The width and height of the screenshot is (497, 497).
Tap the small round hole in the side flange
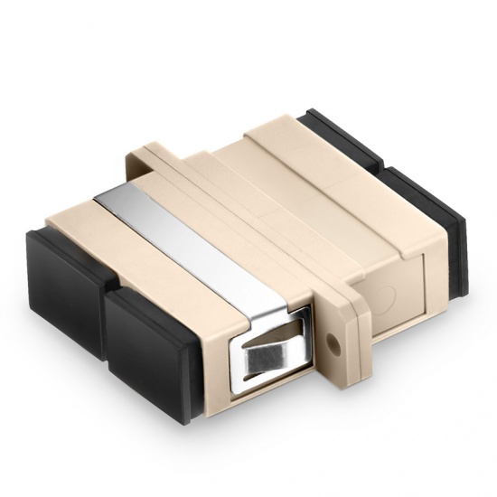tap(338, 343)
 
